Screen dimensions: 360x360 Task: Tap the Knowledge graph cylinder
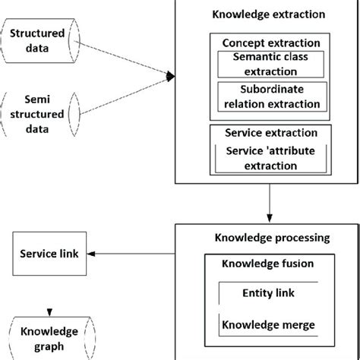[50, 339]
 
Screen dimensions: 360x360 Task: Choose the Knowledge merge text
[268, 325]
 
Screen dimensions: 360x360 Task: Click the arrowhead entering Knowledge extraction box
[171, 75]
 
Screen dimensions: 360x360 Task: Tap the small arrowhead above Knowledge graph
[50, 309]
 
